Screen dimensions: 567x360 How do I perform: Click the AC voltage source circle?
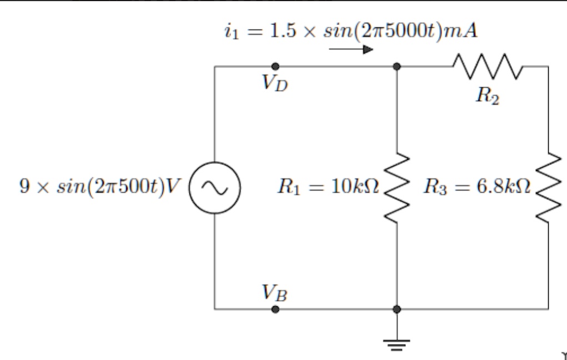point(190,188)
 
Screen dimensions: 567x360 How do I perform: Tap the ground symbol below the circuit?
point(397,345)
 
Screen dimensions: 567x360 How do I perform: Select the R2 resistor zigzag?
point(487,66)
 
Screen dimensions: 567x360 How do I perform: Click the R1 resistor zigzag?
point(397,187)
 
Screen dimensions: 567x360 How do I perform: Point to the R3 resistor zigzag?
point(548,187)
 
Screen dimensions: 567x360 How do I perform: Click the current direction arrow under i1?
point(351,49)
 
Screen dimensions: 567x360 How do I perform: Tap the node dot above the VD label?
point(275,66)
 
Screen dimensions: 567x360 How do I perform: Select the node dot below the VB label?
point(275,309)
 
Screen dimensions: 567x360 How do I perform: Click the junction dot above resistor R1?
point(397,66)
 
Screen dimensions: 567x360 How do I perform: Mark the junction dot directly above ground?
point(397,309)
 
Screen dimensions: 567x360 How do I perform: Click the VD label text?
point(275,83)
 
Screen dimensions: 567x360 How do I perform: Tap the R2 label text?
point(488,96)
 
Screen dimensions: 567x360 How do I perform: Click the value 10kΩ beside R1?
point(354,187)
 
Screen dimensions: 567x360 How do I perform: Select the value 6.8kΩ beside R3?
point(506,187)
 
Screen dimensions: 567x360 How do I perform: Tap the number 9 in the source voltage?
point(24,187)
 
